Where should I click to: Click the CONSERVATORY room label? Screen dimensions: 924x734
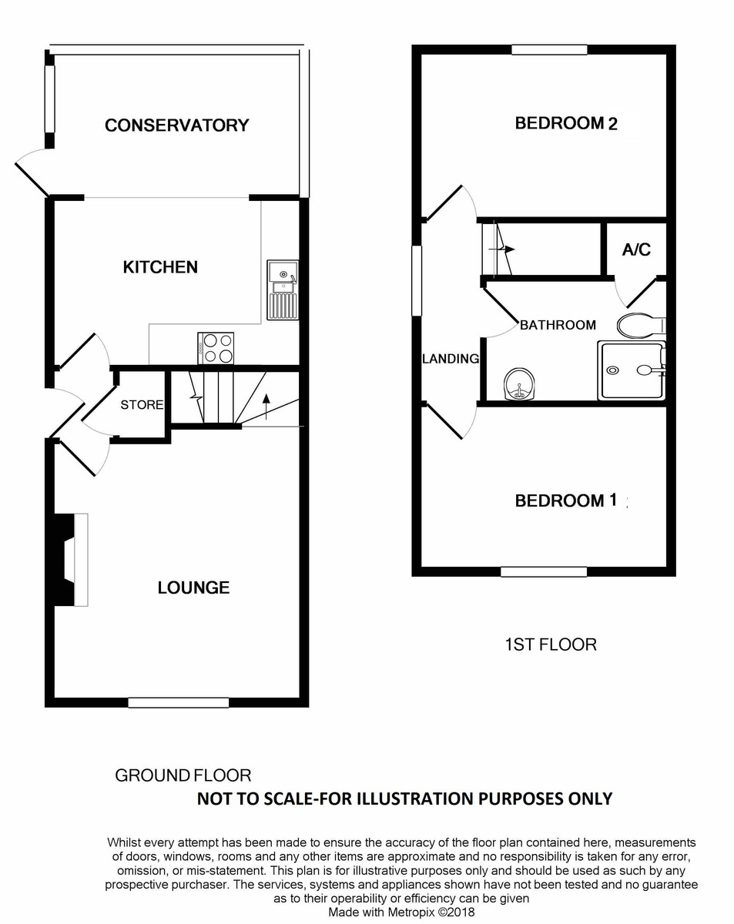click(x=176, y=125)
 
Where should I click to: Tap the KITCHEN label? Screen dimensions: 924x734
click(x=160, y=267)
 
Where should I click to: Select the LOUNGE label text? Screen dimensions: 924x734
click(x=193, y=588)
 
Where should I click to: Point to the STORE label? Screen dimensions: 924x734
click(x=142, y=404)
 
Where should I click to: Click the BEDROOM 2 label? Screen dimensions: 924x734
click(x=566, y=123)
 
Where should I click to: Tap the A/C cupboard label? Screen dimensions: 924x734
click(x=636, y=249)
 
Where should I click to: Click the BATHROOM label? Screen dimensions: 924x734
click(x=558, y=325)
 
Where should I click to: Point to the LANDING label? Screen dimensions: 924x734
click(x=451, y=359)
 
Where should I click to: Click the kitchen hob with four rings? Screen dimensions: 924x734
click(x=216, y=347)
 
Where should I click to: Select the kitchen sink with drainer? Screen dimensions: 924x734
click(x=282, y=290)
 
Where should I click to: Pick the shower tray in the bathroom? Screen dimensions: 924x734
click(x=631, y=370)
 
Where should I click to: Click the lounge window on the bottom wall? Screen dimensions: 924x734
click(x=178, y=701)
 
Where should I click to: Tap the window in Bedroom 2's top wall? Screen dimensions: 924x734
click(x=549, y=50)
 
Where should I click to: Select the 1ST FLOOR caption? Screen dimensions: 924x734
click(x=550, y=644)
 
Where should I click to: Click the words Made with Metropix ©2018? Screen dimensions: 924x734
click(x=401, y=912)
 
